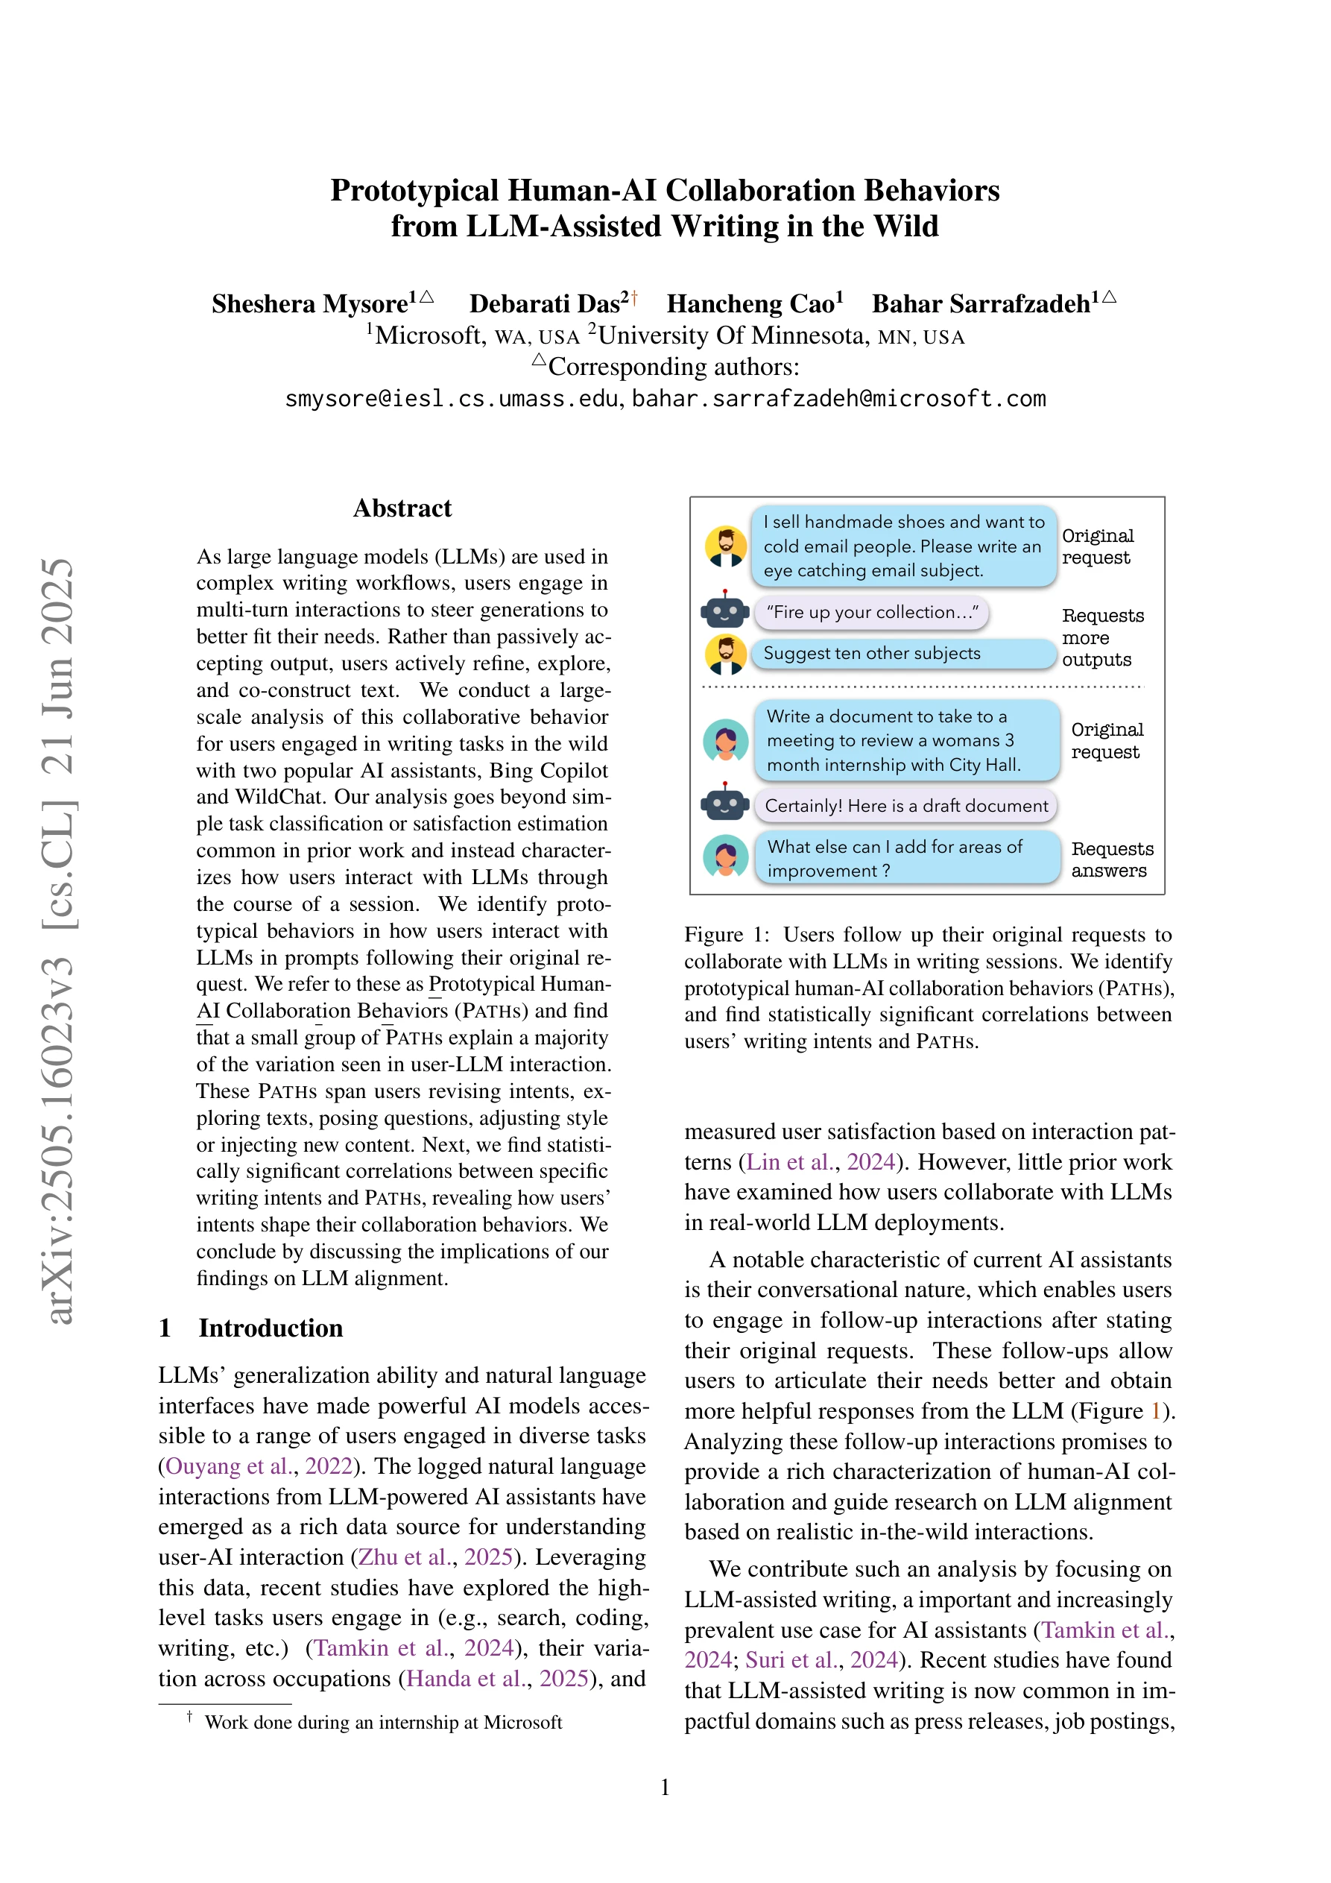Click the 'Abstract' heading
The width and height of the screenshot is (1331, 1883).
[x=402, y=508]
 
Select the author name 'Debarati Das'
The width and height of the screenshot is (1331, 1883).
[x=545, y=304]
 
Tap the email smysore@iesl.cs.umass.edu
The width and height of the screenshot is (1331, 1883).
[x=450, y=399]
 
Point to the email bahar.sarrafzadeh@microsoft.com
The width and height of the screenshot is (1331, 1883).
[x=838, y=399]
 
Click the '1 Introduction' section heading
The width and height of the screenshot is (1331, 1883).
[x=251, y=1328]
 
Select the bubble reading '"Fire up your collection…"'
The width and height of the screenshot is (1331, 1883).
[x=871, y=613]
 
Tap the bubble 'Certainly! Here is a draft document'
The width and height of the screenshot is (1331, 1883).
[x=905, y=805]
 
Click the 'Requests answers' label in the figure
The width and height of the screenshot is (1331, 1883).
[x=1111, y=860]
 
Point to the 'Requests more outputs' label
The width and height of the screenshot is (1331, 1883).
[x=1101, y=637]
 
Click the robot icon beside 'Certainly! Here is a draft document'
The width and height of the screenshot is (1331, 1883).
[x=725, y=804]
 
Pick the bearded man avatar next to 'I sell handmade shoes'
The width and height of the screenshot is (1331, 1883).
[x=726, y=546]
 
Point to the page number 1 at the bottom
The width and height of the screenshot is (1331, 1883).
[x=665, y=1787]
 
